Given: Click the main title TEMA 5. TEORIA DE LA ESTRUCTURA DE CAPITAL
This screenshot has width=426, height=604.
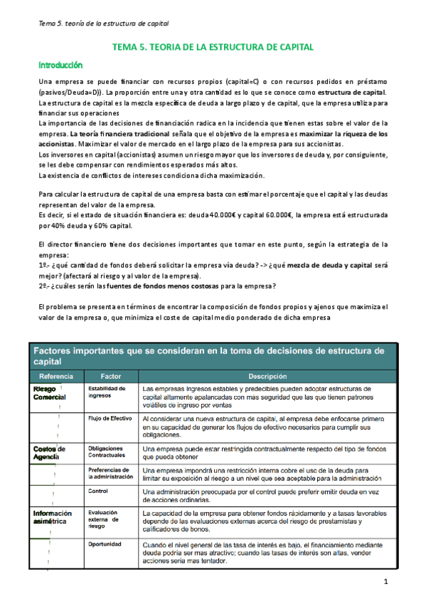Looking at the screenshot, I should coord(213,47).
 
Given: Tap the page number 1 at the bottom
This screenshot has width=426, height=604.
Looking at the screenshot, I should coord(385,583).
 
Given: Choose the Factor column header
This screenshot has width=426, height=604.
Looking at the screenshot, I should coord(111,375).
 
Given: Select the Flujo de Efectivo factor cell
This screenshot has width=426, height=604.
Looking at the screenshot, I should coord(110,419).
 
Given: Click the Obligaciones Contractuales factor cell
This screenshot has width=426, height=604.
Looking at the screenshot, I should coord(106,451).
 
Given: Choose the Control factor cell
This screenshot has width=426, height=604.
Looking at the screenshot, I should coord(98,491).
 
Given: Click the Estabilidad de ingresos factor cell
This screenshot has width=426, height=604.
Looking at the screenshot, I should coord(107,392).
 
